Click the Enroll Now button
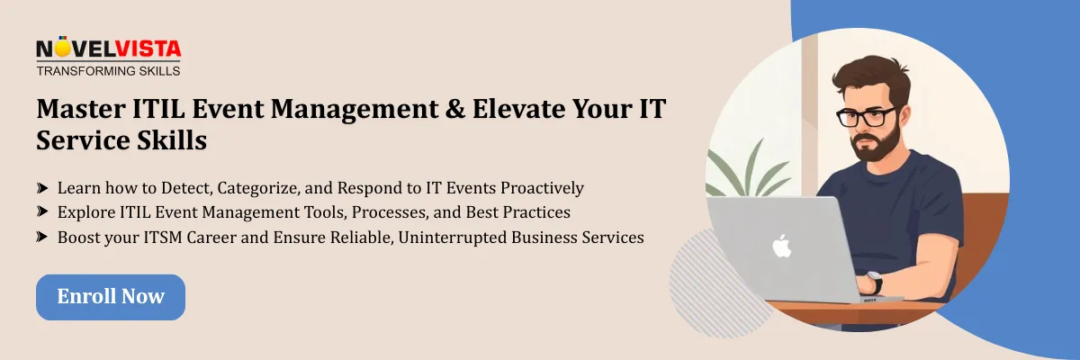tap(111, 297)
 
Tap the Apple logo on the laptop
tap(780, 245)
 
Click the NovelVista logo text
tap(108, 49)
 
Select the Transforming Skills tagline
tap(108, 70)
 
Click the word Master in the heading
tap(76, 110)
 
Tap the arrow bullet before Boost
tap(42, 238)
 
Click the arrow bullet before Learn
tap(42, 188)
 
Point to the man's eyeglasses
tap(865, 117)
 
